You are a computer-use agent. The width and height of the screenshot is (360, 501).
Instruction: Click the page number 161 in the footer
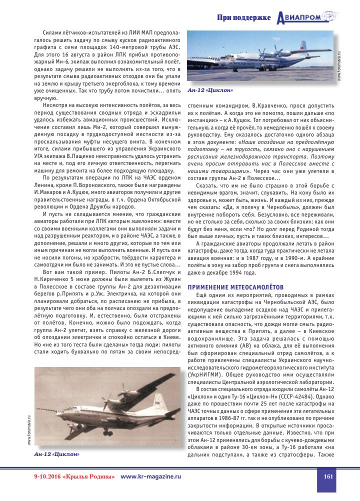(328, 476)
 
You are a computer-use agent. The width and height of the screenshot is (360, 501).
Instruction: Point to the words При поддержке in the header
(244, 18)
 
